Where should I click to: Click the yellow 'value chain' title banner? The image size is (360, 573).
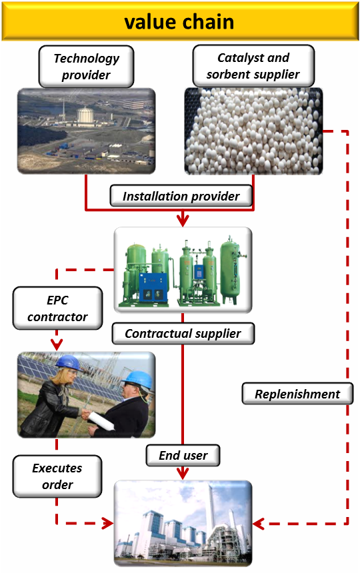180,21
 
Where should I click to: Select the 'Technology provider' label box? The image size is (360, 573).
86,67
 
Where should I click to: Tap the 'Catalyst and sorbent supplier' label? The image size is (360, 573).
253,66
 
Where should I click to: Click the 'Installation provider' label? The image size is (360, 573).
181,196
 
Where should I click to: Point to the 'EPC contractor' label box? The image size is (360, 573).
57,308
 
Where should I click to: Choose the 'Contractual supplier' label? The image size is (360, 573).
183,333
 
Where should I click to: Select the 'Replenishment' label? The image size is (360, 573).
297,394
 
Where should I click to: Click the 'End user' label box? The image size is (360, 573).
183,455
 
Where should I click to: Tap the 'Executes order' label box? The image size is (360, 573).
57,476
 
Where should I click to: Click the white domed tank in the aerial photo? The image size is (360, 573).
85,115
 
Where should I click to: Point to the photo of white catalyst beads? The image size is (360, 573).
253,131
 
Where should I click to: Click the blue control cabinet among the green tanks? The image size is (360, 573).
153,288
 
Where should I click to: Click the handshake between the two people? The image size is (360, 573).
86,414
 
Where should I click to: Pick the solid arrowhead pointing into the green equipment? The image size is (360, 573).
183,220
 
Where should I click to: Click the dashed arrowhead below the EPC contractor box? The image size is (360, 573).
57,344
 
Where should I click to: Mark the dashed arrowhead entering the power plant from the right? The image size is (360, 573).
258,524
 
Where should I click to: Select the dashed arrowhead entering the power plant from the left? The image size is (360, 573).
108,523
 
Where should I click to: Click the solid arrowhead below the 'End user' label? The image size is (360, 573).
183,474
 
